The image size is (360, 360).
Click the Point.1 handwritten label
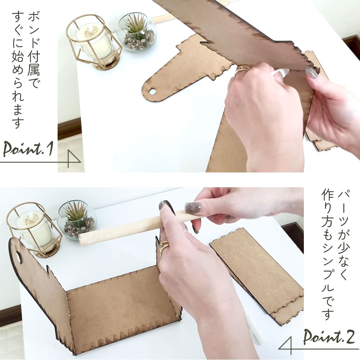point(28,149)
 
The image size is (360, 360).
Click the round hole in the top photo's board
point(152,91)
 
